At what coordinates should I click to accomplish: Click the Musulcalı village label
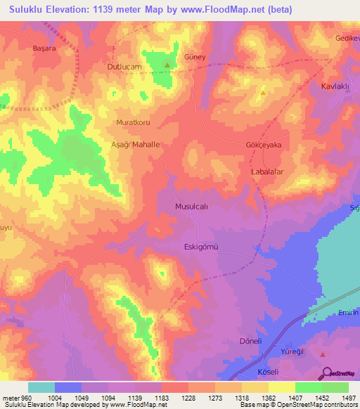pyautogui.click(x=191, y=207)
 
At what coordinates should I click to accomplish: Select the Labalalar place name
pyautogui.click(x=266, y=171)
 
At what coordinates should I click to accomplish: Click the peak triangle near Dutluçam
pyautogui.click(x=167, y=65)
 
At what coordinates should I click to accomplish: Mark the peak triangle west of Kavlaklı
pyautogui.click(x=263, y=92)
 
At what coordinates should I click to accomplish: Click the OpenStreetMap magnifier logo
pyautogui.click(x=326, y=373)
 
